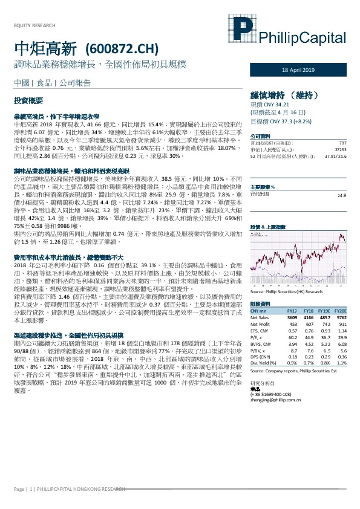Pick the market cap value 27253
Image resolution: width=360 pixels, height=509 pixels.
[x=341, y=149]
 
